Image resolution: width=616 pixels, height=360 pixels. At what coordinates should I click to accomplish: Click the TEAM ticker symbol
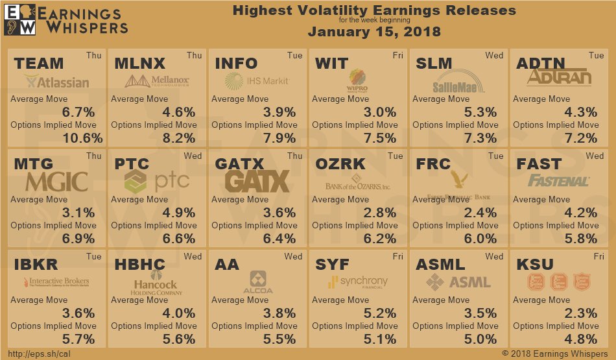(x=39, y=64)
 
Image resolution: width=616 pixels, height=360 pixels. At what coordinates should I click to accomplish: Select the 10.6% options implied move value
(x=82, y=138)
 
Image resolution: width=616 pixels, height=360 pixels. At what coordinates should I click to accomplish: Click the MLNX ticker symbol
(x=139, y=64)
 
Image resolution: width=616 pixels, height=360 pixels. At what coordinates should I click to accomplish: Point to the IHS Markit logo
(x=256, y=81)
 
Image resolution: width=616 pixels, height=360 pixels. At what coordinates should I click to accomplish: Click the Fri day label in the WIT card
(x=397, y=56)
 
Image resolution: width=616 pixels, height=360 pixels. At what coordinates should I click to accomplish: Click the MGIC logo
(x=56, y=181)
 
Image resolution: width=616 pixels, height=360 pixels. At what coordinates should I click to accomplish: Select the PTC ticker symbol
(x=132, y=164)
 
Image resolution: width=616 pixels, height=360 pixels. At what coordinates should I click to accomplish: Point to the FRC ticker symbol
(x=433, y=164)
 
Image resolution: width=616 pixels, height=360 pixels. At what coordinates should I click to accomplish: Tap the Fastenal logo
(x=558, y=181)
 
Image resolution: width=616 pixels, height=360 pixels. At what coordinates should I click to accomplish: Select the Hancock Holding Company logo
(x=156, y=285)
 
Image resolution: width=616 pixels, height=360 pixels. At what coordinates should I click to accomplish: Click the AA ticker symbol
(x=227, y=265)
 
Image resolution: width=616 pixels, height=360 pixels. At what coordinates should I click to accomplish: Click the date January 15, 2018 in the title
(x=374, y=32)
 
